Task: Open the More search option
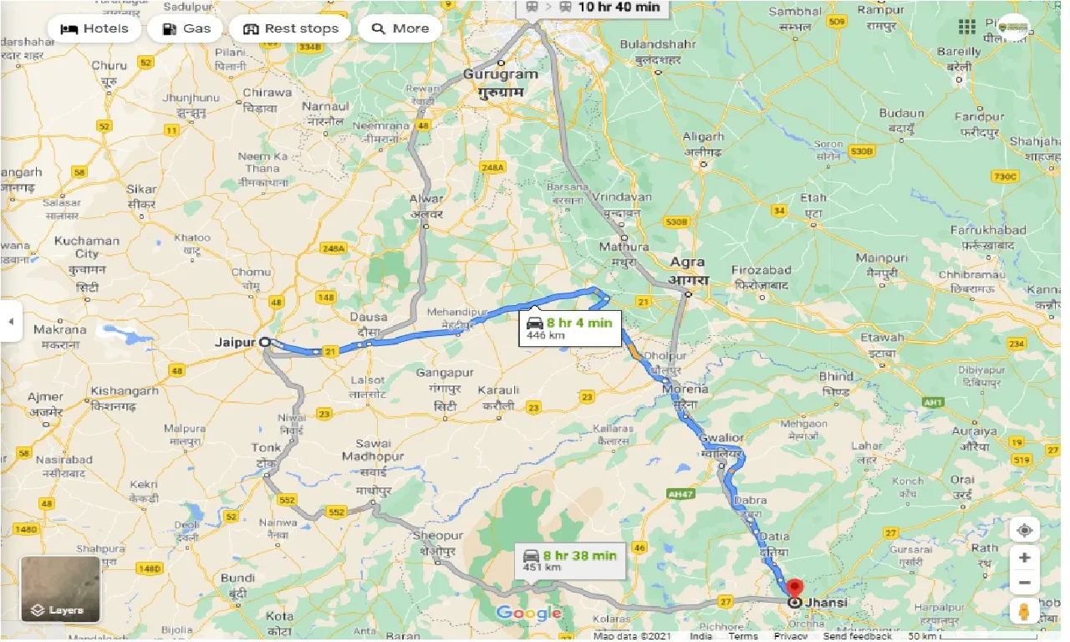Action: (400, 28)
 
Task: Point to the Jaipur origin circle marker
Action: (265, 342)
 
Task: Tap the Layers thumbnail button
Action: (60, 589)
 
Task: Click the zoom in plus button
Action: (1024, 557)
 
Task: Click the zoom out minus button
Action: (1024, 583)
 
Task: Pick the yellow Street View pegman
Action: (1024, 611)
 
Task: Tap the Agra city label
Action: (685, 262)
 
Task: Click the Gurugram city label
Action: (500, 74)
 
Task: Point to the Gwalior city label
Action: (722, 438)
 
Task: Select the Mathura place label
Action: (624, 247)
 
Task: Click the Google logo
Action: (528, 614)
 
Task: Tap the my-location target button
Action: (1024, 530)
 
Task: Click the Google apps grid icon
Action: (967, 28)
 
